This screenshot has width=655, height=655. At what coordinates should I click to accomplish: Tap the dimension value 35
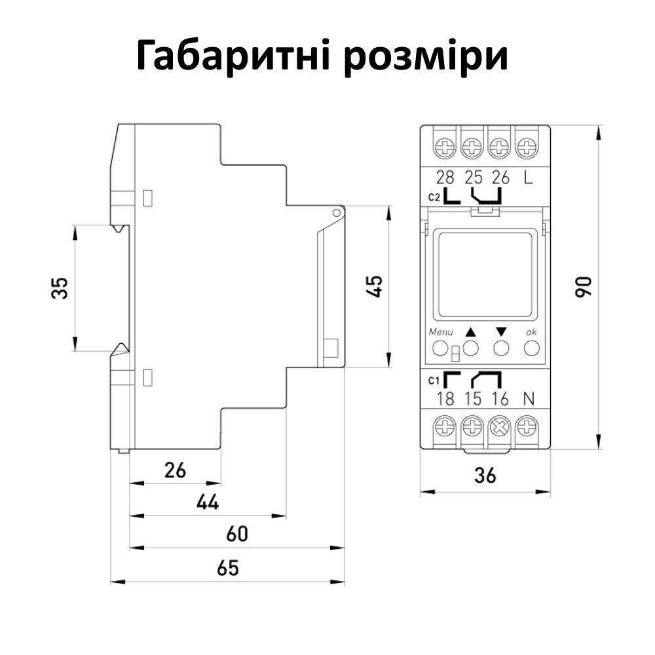click(x=60, y=288)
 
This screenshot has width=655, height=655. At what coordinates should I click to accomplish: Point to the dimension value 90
click(x=583, y=287)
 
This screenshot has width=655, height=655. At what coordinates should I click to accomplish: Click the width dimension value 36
click(x=485, y=476)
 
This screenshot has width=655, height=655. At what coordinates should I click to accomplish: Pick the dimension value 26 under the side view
click(x=174, y=470)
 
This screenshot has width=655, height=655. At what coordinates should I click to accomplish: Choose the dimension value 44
click(x=207, y=502)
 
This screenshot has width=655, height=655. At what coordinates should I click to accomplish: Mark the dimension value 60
click(x=236, y=534)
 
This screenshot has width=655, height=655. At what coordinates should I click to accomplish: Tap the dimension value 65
click(x=228, y=568)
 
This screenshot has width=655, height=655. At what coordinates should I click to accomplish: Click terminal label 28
click(x=445, y=177)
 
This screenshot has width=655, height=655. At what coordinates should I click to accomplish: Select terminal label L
click(x=527, y=177)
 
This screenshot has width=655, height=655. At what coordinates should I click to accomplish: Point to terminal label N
click(x=527, y=398)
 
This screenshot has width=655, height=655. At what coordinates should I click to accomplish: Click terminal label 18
click(x=445, y=398)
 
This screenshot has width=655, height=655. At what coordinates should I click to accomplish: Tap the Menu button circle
click(x=441, y=348)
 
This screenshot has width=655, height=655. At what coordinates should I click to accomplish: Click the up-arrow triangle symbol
click(x=471, y=331)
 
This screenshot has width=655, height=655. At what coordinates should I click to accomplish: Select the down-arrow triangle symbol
click(x=502, y=331)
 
